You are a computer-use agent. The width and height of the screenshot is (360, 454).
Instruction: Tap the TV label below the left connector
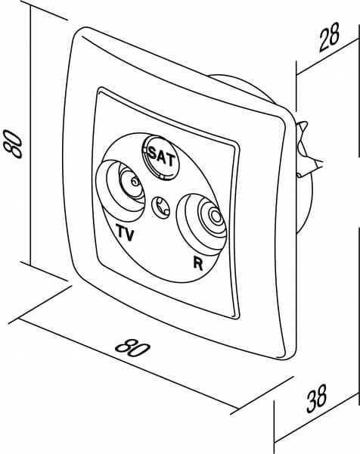(126, 232)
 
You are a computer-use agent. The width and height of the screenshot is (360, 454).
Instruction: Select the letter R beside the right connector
(198, 263)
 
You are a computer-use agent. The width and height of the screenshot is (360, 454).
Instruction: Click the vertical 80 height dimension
(13, 144)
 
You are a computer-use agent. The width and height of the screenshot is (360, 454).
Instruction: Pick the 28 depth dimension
(329, 37)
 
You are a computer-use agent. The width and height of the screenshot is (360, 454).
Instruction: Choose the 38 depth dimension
(317, 398)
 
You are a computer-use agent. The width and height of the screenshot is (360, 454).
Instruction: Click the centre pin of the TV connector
(135, 182)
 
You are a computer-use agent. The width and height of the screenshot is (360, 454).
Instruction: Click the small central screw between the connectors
(161, 207)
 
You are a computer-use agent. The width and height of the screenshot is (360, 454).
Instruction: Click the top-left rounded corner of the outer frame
(76, 34)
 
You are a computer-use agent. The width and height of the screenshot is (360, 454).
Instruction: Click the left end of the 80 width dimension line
(18, 318)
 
